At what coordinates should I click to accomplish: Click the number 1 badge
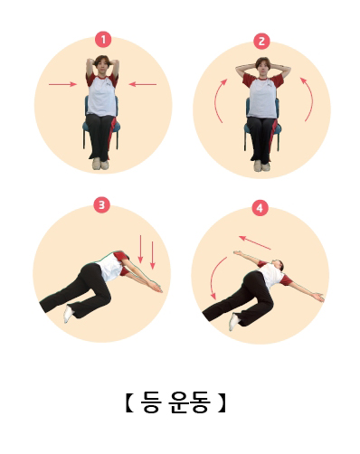coord(103,40)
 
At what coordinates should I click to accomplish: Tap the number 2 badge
coord(261,41)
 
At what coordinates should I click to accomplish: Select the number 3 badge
coord(101,205)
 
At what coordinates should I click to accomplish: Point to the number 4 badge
coord(260,208)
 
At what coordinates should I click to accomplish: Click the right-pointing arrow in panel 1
coord(62,84)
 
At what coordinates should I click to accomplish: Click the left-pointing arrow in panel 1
coord(143,84)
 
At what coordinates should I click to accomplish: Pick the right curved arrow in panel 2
coord(308,99)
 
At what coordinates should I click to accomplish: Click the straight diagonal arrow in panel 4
coord(255,242)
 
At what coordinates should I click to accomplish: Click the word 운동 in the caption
coord(189,402)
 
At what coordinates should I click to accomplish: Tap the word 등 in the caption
coord(150,402)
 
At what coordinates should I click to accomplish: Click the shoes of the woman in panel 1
coord(100,164)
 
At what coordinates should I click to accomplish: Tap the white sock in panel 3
coord(69,314)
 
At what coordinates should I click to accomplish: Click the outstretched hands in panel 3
coord(156,287)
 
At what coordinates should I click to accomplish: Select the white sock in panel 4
coord(234,322)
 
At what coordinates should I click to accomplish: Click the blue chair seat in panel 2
coord(262,128)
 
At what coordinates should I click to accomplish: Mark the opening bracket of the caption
coord(129,402)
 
